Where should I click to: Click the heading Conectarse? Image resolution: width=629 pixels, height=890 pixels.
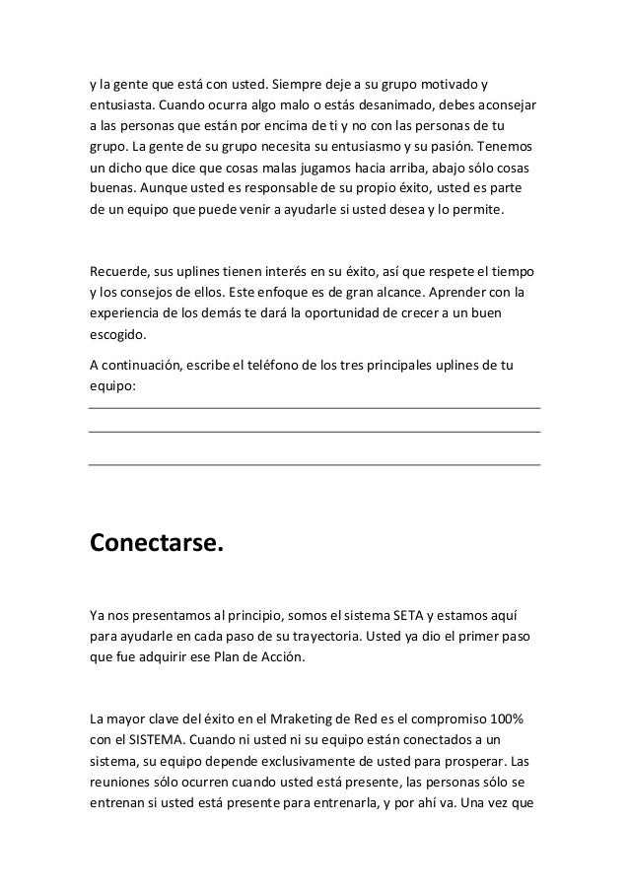click(x=157, y=543)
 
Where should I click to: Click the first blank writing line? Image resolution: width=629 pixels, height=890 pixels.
click(x=314, y=407)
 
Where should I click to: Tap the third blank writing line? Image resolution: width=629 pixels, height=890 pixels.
click(x=314, y=463)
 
